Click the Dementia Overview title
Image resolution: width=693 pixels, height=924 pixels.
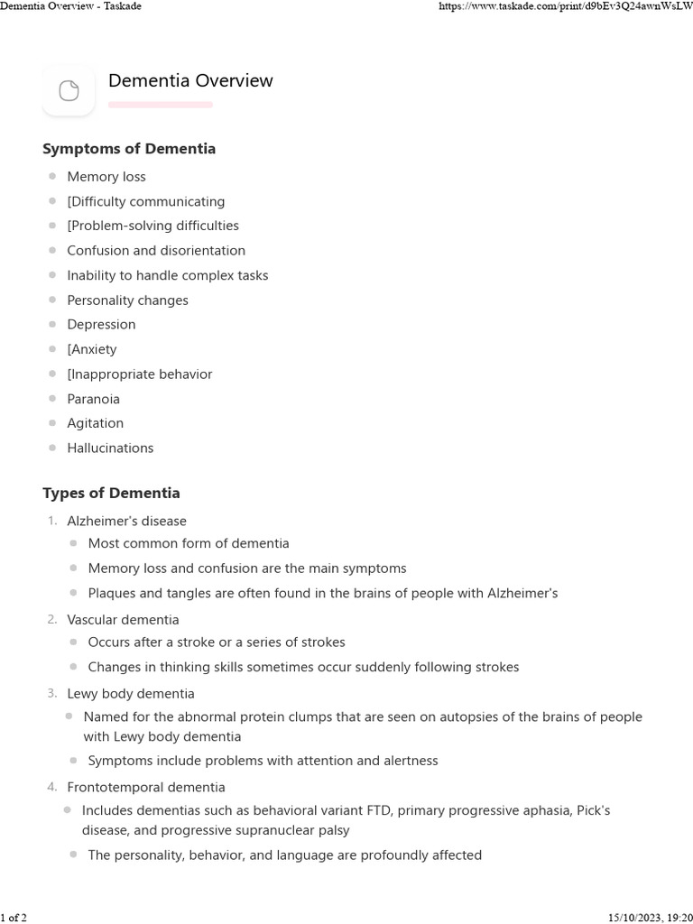pyautogui.click(x=190, y=81)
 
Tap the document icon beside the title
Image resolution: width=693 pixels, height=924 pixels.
pyautogui.click(x=69, y=90)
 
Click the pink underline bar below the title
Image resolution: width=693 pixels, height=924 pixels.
pyautogui.click(x=161, y=105)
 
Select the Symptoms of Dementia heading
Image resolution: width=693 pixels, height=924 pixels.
pyautogui.click(x=129, y=149)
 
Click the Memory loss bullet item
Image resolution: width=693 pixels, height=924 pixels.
pyautogui.click(x=106, y=177)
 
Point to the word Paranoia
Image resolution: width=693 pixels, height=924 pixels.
pyautogui.click(x=93, y=399)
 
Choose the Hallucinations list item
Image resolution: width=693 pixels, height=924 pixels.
pyautogui.click(x=110, y=448)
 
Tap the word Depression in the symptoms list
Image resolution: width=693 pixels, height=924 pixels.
pyautogui.click(x=101, y=325)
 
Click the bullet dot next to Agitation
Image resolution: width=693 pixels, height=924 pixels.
pyautogui.click(x=53, y=423)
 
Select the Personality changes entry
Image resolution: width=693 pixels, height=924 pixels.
pyautogui.click(x=127, y=300)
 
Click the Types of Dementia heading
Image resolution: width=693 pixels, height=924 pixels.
pyautogui.click(x=111, y=494)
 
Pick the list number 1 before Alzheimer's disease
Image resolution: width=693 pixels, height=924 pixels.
pyautogui.click(x=52, y=522)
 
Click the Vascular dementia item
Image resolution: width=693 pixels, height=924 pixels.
pyautogui.click(x=123, y=620)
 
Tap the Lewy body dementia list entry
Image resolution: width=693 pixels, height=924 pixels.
pyautogui.click(x=130, y=694)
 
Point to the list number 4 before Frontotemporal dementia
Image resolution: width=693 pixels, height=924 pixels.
pyautogui.click(x=52, y=788)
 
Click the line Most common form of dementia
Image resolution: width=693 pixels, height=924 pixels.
pyautogui.click(x=189, y=543)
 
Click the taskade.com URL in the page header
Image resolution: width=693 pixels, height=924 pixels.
pyautogui.click(x=564, y=7)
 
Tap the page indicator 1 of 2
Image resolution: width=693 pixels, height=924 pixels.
pyautogui.click(x=14, y=918)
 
